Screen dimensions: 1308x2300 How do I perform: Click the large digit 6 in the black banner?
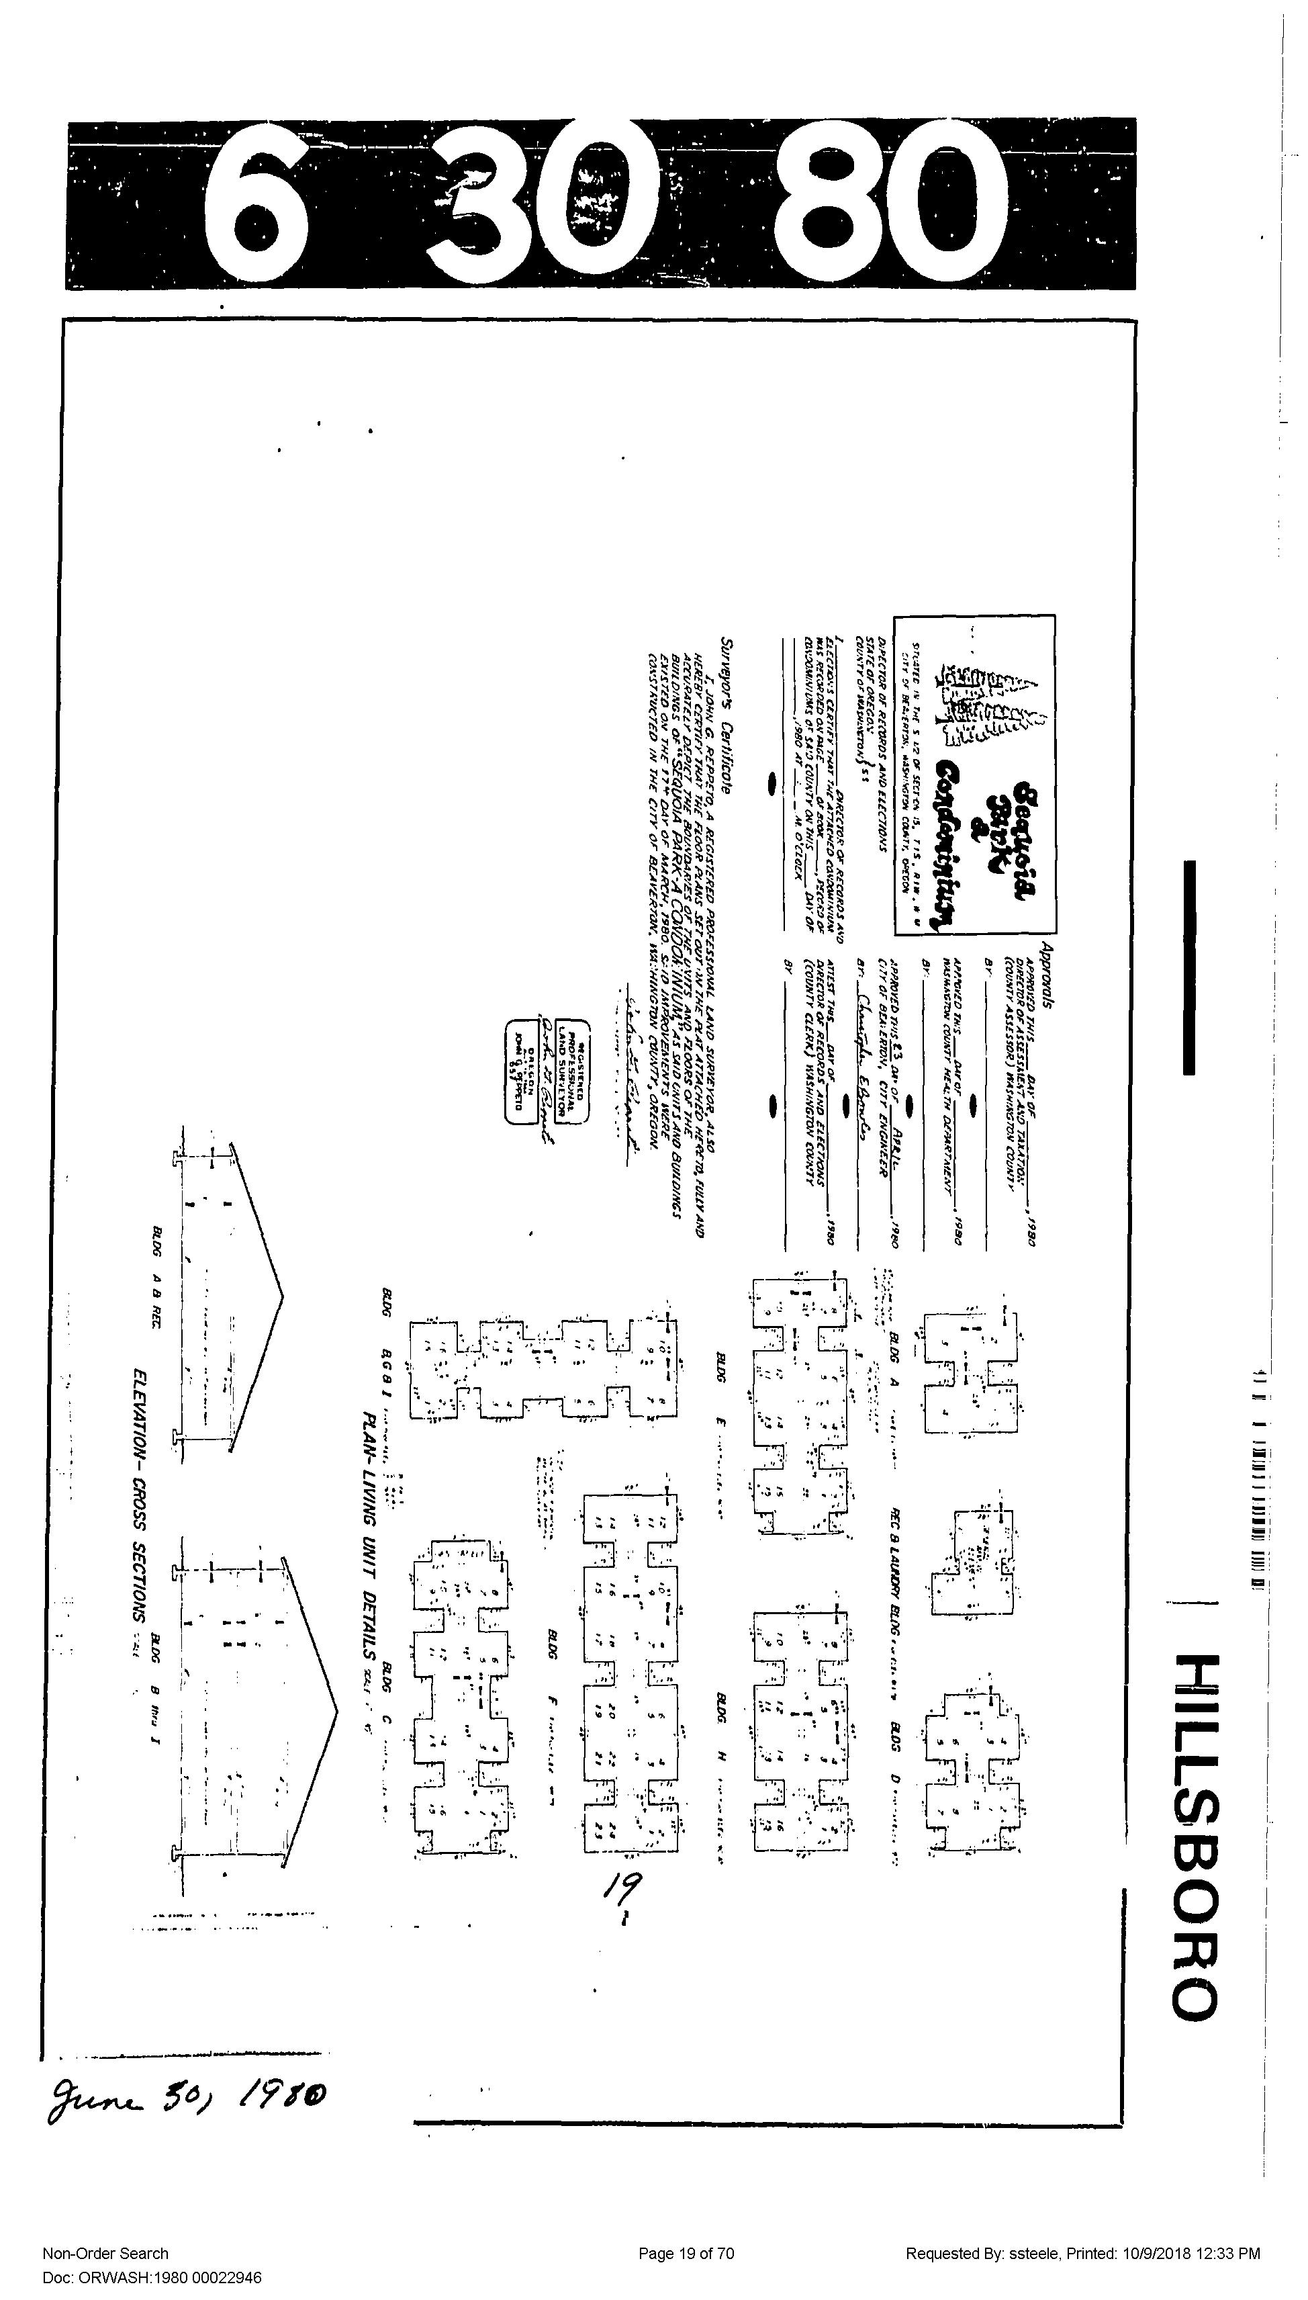(255, 204)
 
